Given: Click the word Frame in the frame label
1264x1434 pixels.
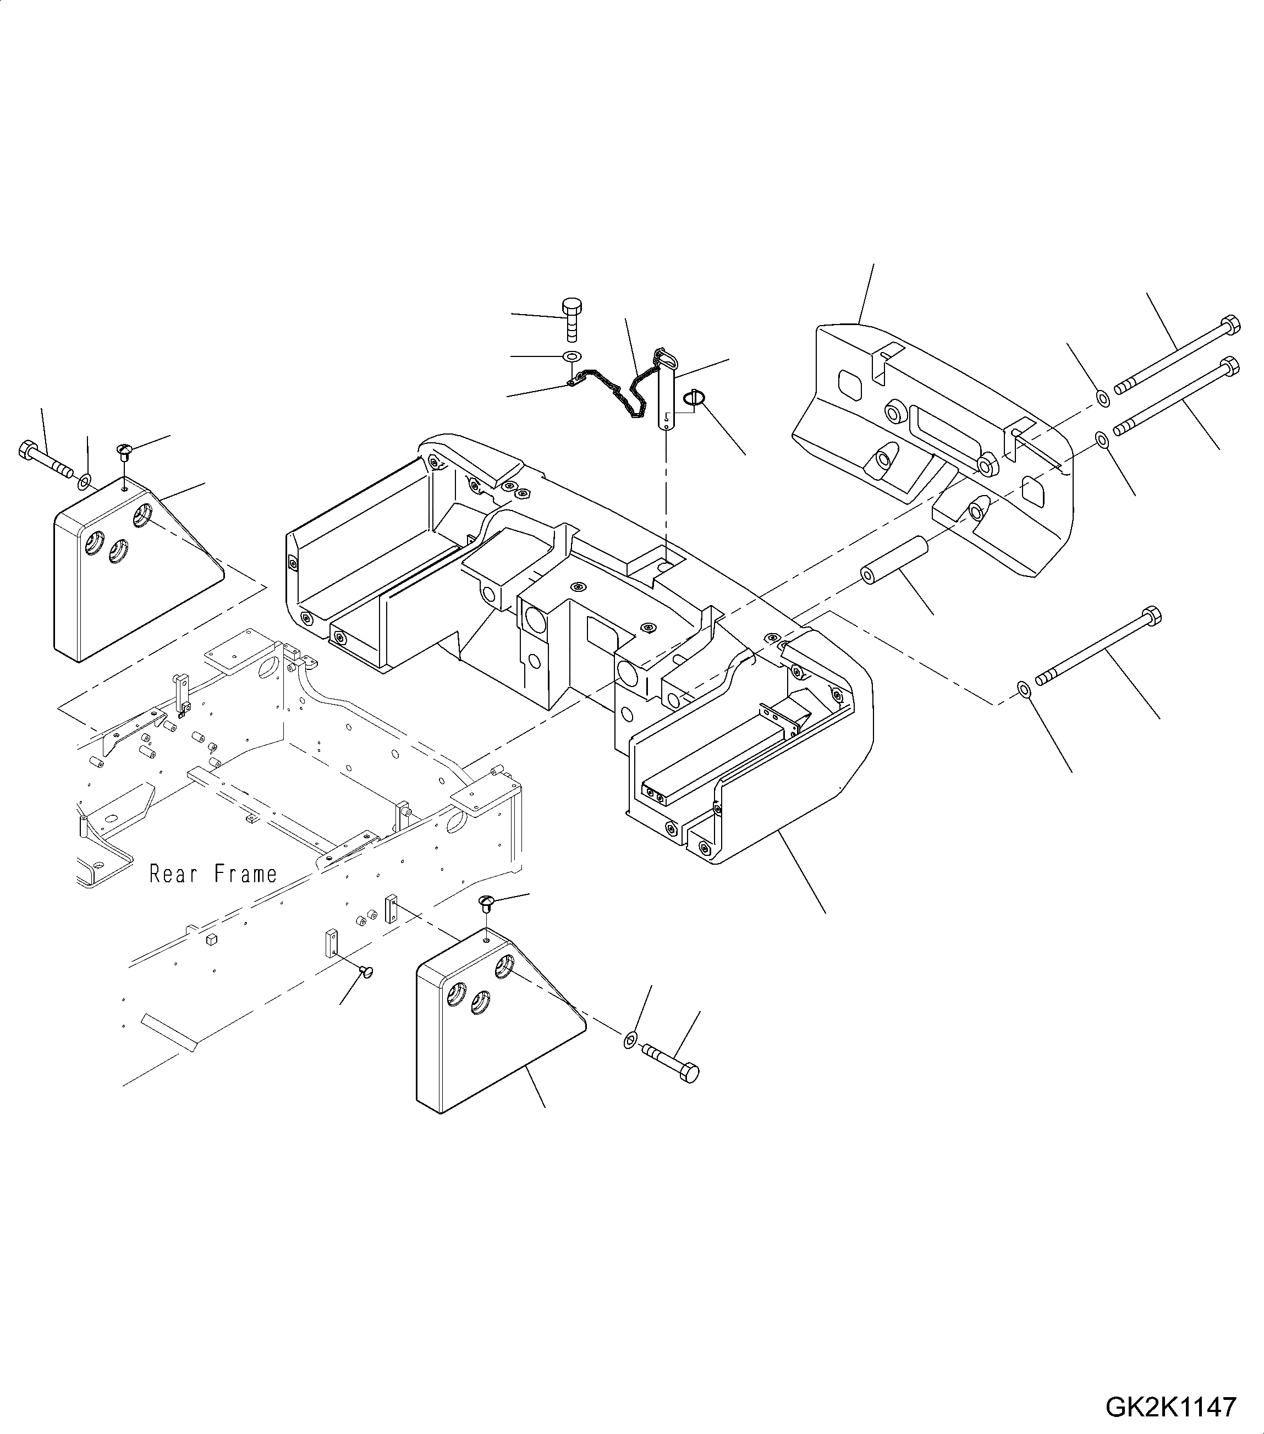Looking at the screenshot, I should (x=245, y=874).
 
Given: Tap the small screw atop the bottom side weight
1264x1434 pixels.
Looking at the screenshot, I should (x=487, y=902).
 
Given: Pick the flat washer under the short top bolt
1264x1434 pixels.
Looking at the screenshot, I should (x=571, y=356).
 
